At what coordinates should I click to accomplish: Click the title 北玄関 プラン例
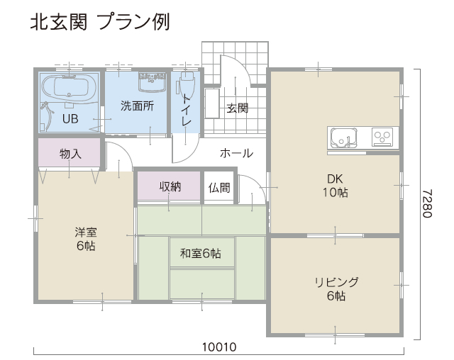100,22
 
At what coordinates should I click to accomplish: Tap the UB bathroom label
70,118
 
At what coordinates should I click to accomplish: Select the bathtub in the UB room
69,86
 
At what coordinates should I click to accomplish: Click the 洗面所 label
137,106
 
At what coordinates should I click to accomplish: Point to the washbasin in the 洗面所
152,81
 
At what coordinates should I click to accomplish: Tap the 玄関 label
238,108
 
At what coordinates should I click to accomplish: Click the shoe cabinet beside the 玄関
212,103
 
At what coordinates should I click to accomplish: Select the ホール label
236,153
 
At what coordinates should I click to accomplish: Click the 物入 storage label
70,154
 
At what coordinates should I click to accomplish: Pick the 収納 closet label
170,186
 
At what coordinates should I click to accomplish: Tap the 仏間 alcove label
219,188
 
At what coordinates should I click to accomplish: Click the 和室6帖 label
200,253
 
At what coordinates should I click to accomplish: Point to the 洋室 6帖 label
86,239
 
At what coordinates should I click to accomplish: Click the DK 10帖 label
336,186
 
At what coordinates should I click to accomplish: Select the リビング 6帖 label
336,288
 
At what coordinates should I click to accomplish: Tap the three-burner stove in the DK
382,137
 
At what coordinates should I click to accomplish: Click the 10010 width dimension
219,347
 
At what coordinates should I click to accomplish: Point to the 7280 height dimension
427,203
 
